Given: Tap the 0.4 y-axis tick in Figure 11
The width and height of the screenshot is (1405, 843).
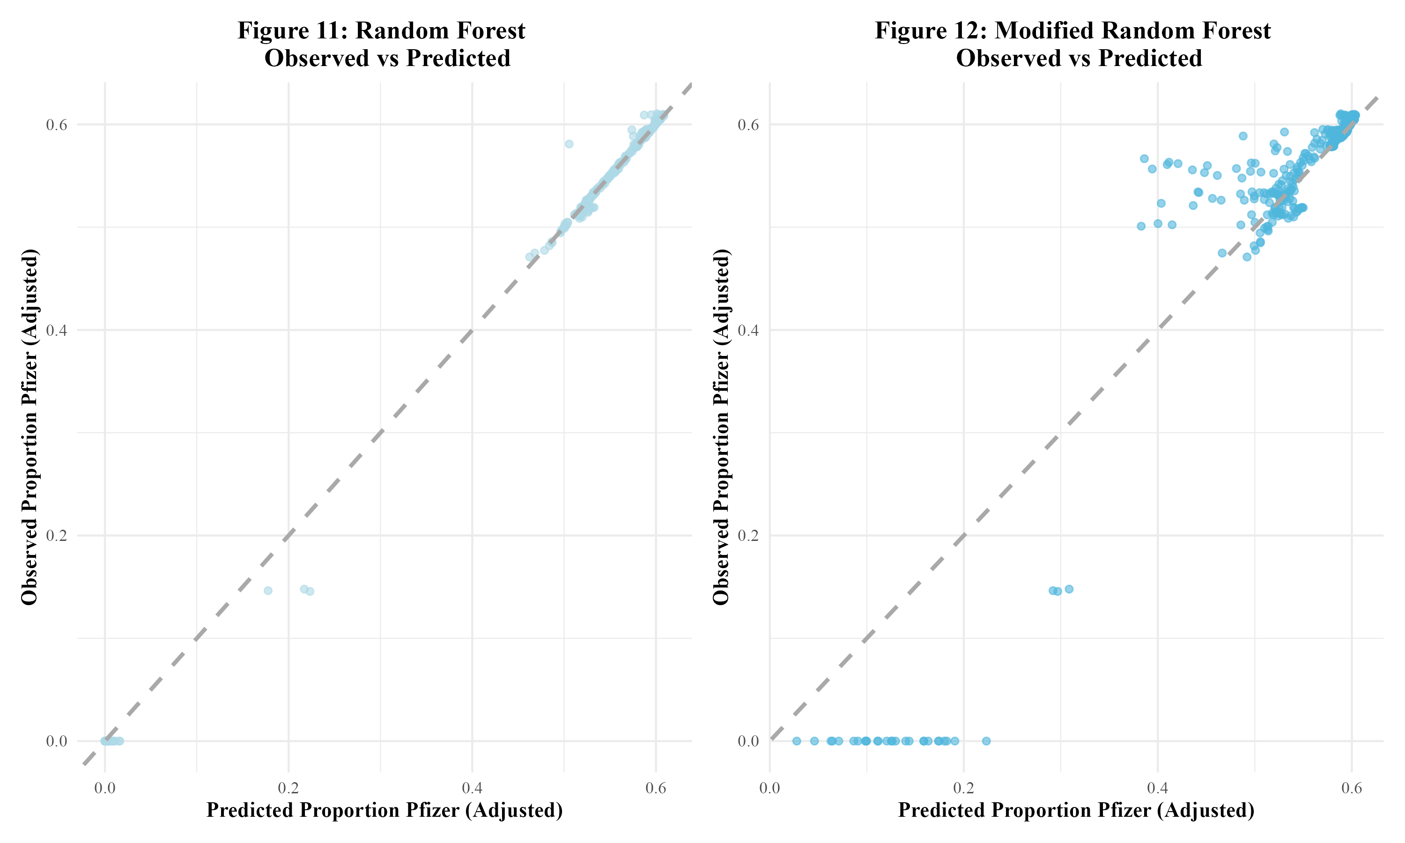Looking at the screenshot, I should (x=57, y=330).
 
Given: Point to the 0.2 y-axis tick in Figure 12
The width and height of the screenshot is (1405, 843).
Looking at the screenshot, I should (x=748, y=536).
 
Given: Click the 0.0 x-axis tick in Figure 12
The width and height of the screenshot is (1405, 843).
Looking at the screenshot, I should (x=769, y=789).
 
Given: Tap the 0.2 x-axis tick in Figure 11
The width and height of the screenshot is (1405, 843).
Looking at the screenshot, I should (x=288, y=789).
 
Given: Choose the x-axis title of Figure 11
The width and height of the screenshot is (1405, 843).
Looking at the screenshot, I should (x=385, y=810).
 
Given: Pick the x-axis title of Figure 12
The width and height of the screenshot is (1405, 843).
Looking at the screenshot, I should (x=1076, y=810).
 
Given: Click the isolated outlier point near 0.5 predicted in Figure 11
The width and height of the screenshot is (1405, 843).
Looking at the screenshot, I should (x=569, y=144).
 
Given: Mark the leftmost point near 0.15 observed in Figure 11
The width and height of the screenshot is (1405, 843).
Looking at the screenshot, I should (x=268, y=591).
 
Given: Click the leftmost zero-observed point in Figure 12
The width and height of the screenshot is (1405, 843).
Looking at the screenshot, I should (x=797, y=741).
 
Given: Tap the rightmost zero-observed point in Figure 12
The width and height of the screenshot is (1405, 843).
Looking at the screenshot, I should (x=986, y=741).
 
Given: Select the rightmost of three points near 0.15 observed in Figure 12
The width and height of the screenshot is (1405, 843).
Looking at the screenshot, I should (x=1069, y=589).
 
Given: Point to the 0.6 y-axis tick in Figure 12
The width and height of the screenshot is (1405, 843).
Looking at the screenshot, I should (x=748, y=125).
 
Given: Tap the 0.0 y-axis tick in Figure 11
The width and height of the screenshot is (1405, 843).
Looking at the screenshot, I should (x=57, y=741).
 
